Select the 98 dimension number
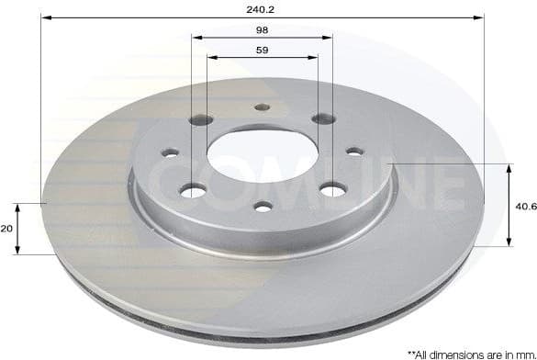[263, 30]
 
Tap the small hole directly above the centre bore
[262, 107]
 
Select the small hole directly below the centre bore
[262, 206]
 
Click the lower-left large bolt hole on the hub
[192, 190]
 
